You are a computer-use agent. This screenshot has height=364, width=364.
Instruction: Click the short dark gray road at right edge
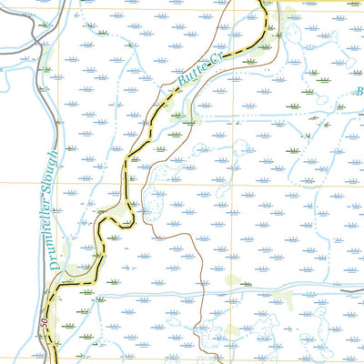[353, 291]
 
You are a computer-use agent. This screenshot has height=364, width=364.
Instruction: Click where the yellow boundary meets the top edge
[261, 2]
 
